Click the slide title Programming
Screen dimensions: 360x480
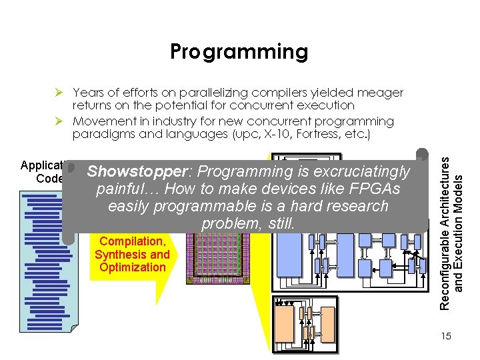pyautogui.click(x=239, y=51)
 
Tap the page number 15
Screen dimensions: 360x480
pyautogui.click(x=445, y=336)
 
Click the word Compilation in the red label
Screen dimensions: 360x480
pyautogui.click(x=132, y=241)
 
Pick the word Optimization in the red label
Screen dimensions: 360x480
pyautogui.click(x=132, y=267)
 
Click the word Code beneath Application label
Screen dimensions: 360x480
pyautogui.click(x=49, y=178)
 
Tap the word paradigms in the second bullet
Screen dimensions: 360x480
pyautogui.click(x=99, y=134)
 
